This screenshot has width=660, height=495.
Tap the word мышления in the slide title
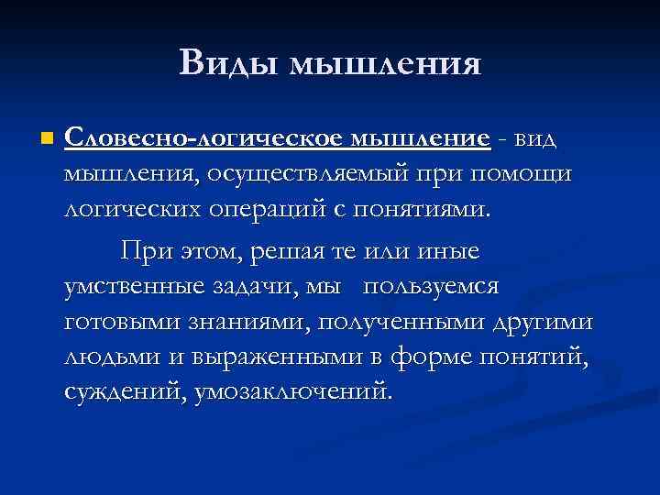pyautogui.click(x=385, y=64)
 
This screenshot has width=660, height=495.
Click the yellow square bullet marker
pyautogui.click(x=47, y=139)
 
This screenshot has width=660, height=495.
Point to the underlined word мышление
pyautogui.click(x=419, y=139)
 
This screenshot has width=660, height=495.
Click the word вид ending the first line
pyautogui.click(x=533, y=139)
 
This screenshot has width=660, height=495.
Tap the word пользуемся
pyautogui.click(x=431, y=287)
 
